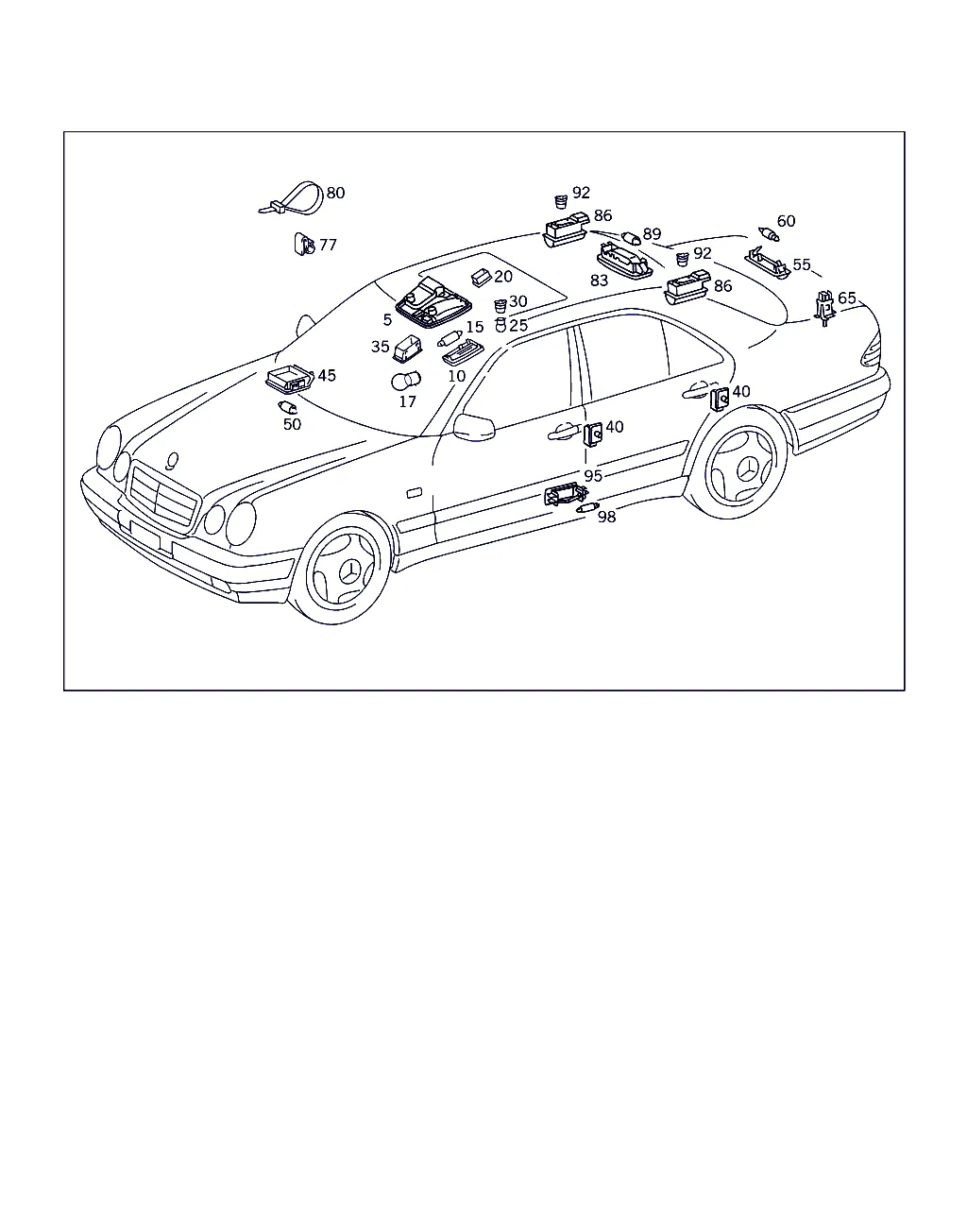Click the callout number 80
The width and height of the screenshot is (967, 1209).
pos(335,194)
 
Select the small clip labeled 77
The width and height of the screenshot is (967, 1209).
pos(304,245)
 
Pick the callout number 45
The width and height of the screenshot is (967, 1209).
pos(327,375)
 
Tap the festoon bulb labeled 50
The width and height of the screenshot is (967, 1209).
pos(287,407)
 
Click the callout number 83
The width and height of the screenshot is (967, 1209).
pos(599,281)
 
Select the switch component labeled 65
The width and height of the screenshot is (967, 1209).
pos(824,309)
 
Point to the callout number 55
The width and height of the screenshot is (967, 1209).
pos(802,264)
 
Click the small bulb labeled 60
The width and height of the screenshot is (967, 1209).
pos(769,233)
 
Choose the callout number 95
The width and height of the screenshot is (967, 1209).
pos(593,476)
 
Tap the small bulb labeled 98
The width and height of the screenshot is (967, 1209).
pos(587,508)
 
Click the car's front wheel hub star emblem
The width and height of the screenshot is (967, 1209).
pos(348,572)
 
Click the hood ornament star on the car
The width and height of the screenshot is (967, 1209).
pos(172,461)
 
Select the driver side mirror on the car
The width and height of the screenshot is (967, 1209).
pos(474,427)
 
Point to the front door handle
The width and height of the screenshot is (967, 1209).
pos(564,432)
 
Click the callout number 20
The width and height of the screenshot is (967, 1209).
pos(503,277)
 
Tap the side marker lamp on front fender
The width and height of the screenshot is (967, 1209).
pos(415,493)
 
